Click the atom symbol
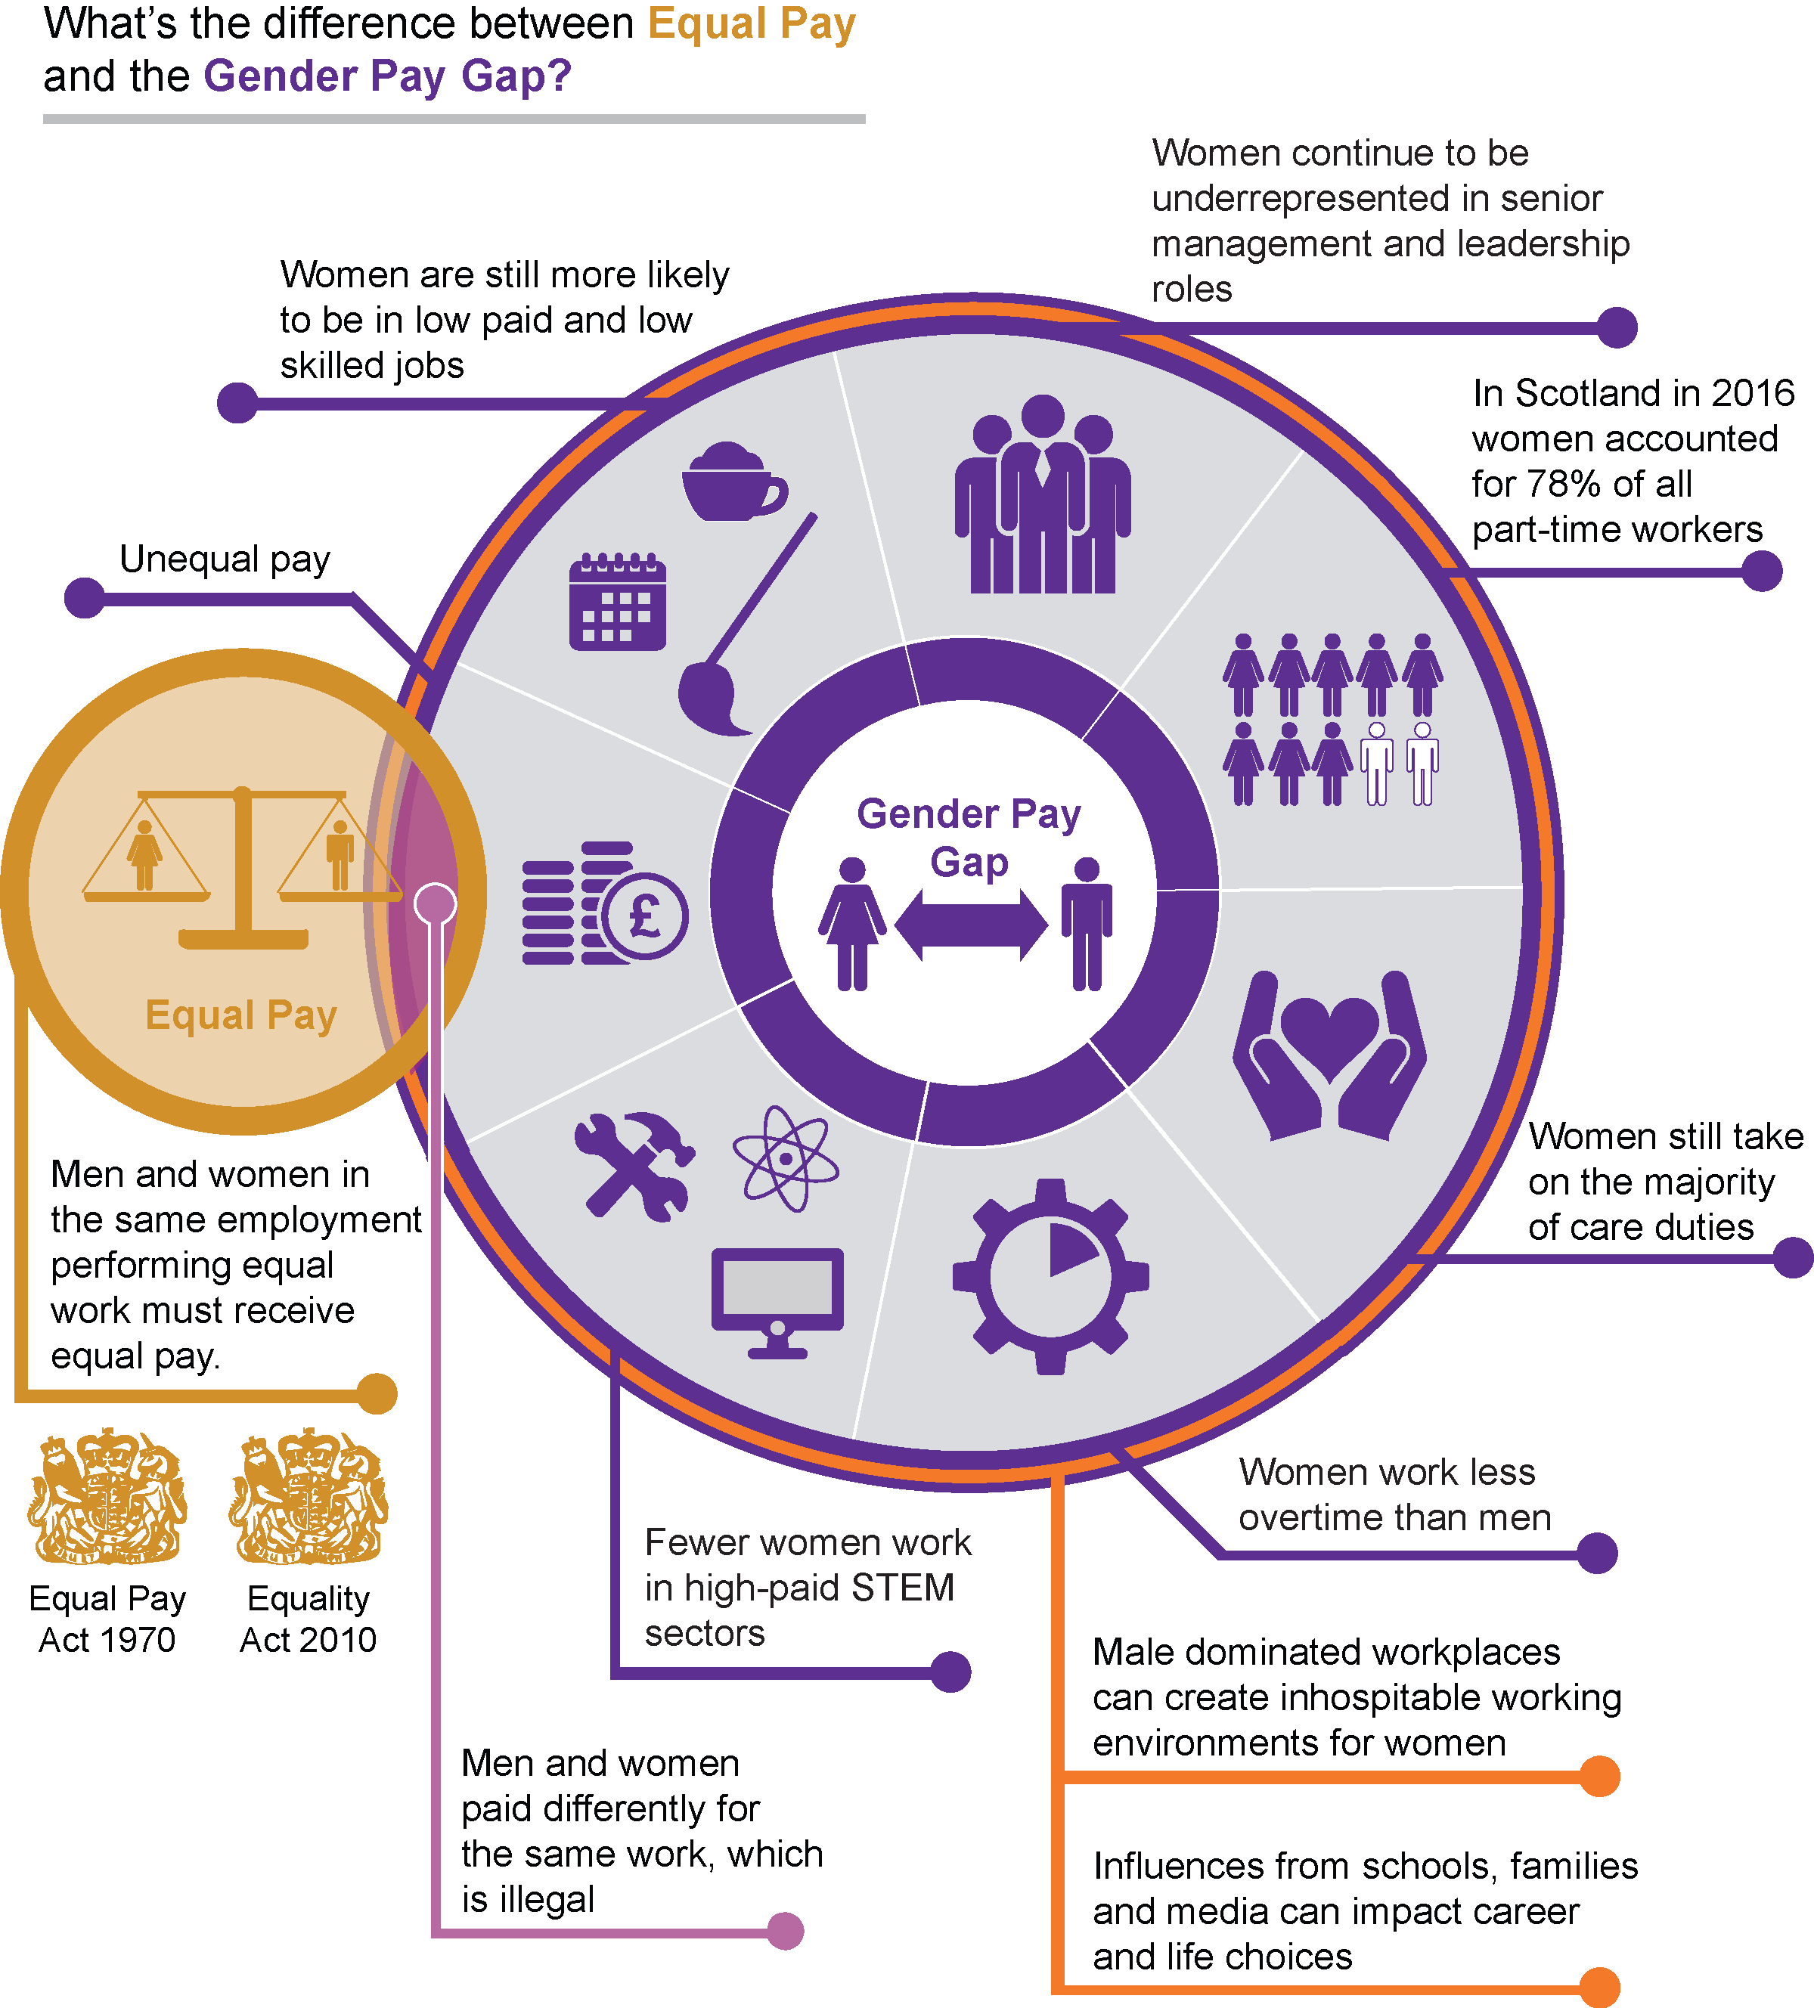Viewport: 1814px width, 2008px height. (786, 1158)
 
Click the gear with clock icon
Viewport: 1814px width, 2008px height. (1050, 1276)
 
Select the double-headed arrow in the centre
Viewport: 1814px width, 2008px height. (970, 925)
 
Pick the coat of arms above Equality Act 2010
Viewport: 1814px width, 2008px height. (308, 1496)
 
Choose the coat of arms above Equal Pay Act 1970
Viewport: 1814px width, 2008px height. (107, 1496)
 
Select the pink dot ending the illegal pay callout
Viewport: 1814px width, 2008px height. (785, 1930)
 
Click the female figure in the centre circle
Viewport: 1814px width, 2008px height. (851, 923)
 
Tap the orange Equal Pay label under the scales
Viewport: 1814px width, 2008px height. (241, 1015)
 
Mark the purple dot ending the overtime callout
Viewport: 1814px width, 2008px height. (1597, 1553)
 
